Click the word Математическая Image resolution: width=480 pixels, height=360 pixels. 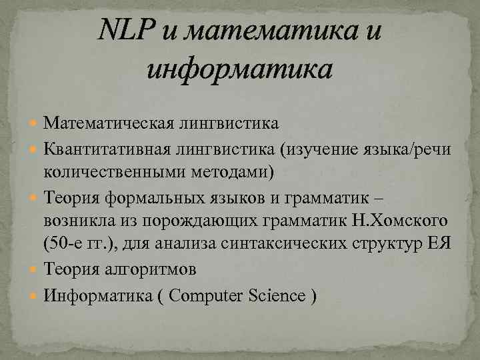(x=110, y=123)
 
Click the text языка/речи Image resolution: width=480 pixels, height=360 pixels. (x=407, y=147)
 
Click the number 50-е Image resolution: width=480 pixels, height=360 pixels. (x=64, y=243)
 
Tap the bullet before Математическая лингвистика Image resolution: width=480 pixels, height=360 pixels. (x=35, y=123)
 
